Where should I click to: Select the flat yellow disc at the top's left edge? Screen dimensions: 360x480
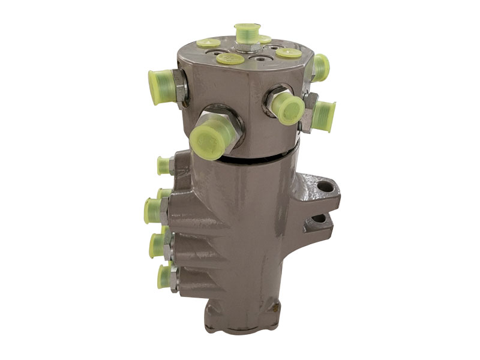(208, 43)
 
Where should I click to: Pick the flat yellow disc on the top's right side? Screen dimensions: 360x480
(289, 52)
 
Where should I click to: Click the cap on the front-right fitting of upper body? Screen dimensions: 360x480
(287, 109)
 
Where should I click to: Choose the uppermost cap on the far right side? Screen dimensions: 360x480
(321, 67)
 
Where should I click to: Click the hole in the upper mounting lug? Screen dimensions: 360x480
(325, 187)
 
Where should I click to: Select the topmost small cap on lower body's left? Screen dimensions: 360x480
(163, 165)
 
